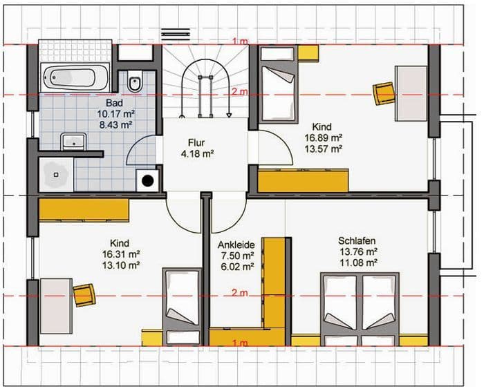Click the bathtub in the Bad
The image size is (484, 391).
coord(75,77)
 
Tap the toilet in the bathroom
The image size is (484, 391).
coord(136,83)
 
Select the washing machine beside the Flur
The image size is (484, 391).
coord(148,182)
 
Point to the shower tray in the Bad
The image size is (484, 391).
coord(55,175)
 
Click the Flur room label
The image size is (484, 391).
coord(196,142)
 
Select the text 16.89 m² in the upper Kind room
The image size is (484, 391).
coord(322,137)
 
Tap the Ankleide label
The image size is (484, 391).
coord(237,245)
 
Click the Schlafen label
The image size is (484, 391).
coord(357,241)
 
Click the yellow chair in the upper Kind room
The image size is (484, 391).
coord(383,93)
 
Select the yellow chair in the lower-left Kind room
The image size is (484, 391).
coord(84,295)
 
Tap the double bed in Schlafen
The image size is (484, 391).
coord(360,309)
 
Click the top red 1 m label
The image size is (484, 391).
coord(239,42)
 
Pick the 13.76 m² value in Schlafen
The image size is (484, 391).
coord(357,251)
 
